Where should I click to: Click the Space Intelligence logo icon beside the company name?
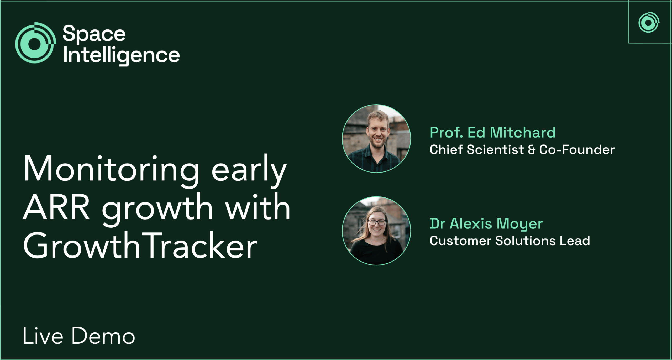(35, 43)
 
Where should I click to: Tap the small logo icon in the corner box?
(649, 22)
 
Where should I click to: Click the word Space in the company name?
(94, 33)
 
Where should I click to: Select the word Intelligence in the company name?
(121, 56)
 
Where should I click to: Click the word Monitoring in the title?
(111, 169)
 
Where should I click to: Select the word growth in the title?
(157, 209)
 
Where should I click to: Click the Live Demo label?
(79, 336)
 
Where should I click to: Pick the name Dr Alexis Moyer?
(486, 223)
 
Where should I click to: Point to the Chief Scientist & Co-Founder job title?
(522, 150)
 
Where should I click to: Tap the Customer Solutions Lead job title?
(510, 241)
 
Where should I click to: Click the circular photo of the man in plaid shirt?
(376, 138)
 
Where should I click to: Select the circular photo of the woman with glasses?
(376, 231)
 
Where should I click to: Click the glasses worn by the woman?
(377, 222)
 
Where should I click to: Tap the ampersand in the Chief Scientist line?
(532, 150)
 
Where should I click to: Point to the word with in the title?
(258, 206)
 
